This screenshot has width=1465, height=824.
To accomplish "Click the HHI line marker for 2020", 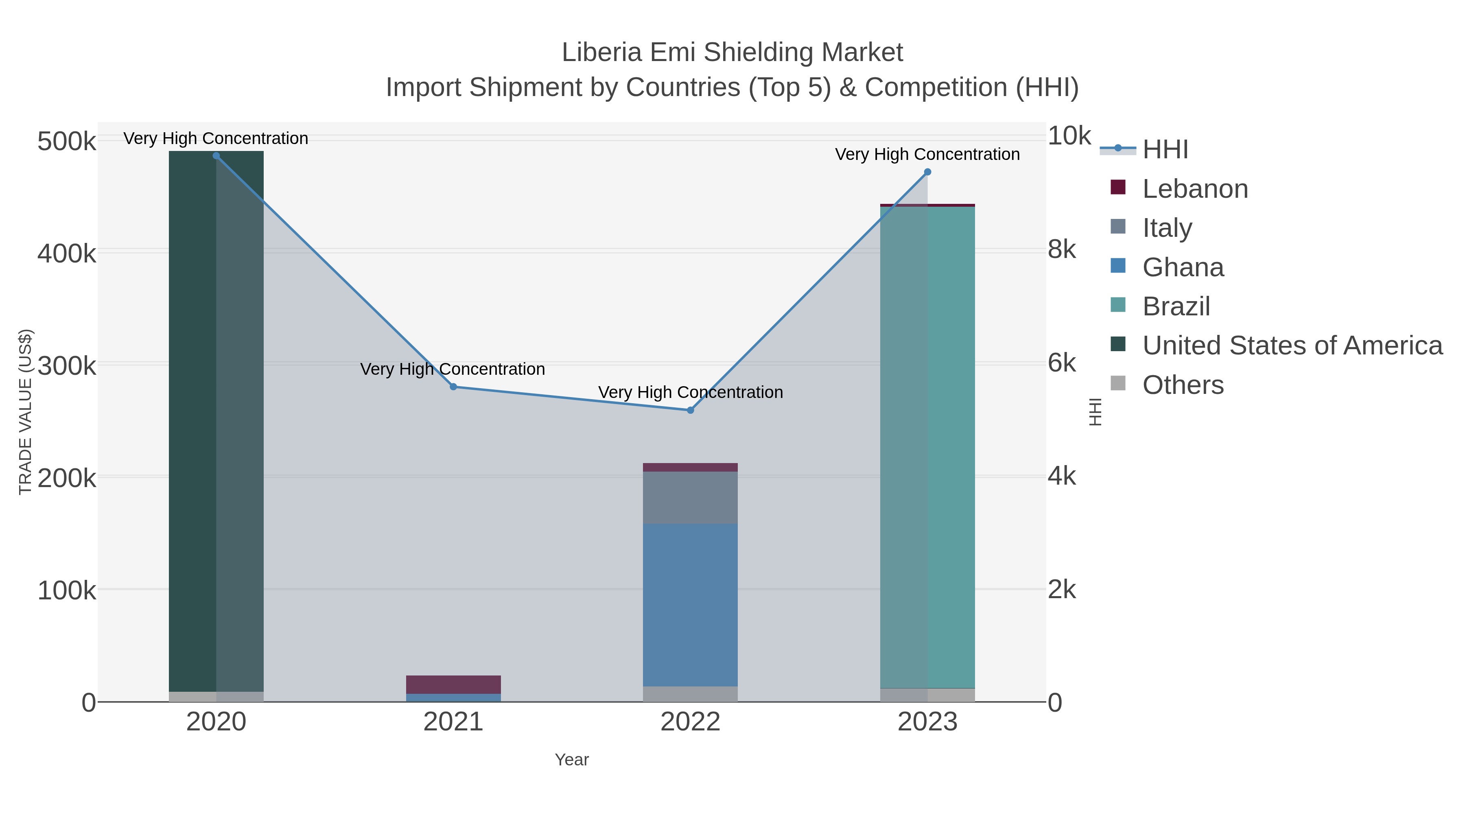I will click(x=216, y=156).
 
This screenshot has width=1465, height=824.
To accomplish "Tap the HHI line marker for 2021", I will click(x=453, y=387).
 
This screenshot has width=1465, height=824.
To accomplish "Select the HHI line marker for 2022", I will click(x=691, y=410).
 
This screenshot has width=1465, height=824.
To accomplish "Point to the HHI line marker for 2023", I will click(x=927, y=172).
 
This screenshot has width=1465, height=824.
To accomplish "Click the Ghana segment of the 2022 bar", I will click(x=691, y=605).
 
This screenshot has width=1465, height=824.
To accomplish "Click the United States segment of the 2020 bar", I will click(x=216, y=421).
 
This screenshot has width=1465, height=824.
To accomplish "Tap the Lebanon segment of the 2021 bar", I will click(x=453, y=684).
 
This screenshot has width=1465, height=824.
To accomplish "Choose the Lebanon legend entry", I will click(x=1194, y=189).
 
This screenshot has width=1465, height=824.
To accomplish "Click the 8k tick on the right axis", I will click(x=1062, y=250).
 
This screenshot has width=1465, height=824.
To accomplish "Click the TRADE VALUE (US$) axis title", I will click(x=26, y=412).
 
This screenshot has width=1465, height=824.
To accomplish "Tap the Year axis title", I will click(x=572, y=760).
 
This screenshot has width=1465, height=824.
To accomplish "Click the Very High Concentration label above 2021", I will click(x=453, y=369).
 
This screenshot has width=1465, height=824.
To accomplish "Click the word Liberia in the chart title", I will click(x=602, y=53).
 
